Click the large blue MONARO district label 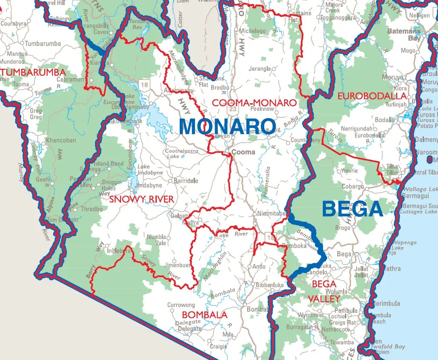(x=227, y=126)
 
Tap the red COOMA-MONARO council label (x=254, y=103)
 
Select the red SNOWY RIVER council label (x=141, y=199)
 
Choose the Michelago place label (x=252, y=31)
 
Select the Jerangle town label (x=259, y=69)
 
